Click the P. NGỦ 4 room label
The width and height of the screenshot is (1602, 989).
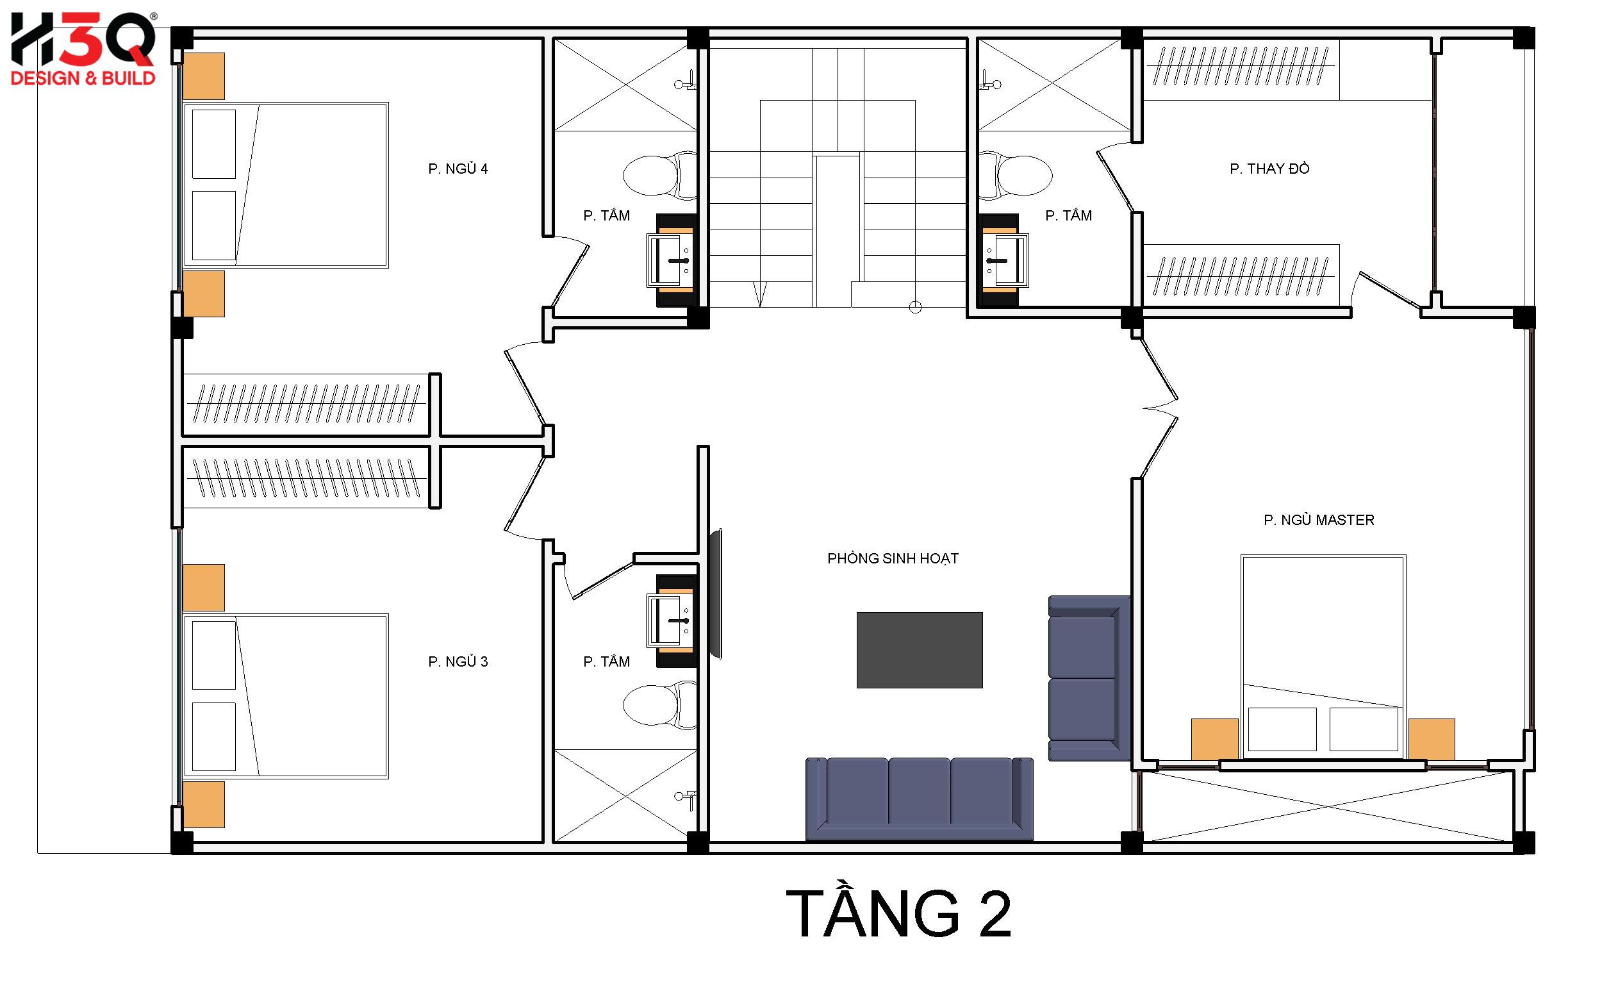pos(458,169)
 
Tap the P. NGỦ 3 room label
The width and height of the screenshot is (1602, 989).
pos(458,661)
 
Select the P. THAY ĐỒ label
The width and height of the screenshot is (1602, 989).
pos(1269,168)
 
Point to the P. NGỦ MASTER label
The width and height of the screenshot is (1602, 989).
pos(1318,519)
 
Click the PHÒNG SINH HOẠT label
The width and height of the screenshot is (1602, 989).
pos(893,558)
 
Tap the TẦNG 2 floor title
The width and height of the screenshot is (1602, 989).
pos(898,913)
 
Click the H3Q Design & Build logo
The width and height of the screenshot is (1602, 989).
pos(83,49)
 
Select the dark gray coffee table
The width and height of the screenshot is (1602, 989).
pos(920,649)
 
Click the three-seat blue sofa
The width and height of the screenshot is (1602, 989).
pos(920,799)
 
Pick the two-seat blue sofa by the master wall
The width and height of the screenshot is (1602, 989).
pos(1089,678)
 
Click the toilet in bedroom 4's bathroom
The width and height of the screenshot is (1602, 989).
pos(661,175)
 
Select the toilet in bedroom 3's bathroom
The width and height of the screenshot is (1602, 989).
pos(661,704)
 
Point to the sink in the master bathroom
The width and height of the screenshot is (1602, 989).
pos(1006,261)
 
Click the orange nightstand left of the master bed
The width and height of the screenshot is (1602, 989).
pos(1214,739)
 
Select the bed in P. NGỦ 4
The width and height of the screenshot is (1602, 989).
pos(285,185)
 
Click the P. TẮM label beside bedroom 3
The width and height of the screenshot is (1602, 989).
pos(606,661)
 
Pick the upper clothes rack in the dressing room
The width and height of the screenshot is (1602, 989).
pos(1241,69)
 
